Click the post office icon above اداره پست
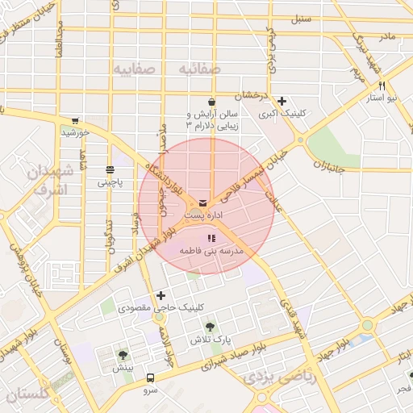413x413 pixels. pos(202,202)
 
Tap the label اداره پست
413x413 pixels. pos(202,215)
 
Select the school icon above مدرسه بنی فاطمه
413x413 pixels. pos(211,238)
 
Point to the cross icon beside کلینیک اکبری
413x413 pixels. pos(282,102)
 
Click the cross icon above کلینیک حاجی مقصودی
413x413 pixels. pos(161,295)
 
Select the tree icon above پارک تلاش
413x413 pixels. pos(210,327)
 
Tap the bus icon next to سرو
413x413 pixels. pos(150,378)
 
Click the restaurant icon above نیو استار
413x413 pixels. pos(382,86)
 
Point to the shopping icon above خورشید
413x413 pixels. pos(75,121)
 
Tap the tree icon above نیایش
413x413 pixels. pos(123,355)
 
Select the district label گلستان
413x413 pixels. pos(27,394)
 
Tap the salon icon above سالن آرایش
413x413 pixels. pos(211,102)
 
